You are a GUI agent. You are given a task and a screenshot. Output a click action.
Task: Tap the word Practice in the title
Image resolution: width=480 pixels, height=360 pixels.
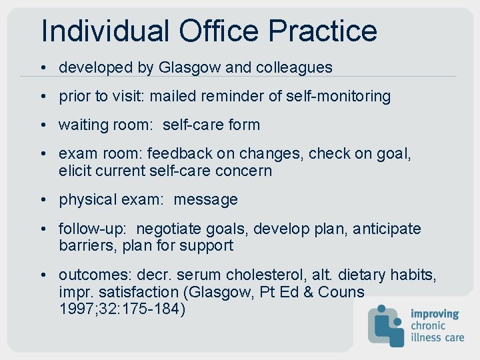point(323,31)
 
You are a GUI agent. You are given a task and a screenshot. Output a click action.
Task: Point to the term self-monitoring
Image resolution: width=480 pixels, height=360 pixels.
point(339,96)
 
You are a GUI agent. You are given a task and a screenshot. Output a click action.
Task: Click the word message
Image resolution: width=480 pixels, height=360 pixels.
point(205,199)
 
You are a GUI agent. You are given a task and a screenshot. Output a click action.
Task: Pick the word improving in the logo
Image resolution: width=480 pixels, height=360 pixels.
point(435,313)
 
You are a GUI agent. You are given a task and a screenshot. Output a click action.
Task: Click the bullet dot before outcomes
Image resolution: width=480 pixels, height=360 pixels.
point(42,275)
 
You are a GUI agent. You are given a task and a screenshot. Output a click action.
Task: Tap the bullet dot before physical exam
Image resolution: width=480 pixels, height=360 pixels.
point(42,199)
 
